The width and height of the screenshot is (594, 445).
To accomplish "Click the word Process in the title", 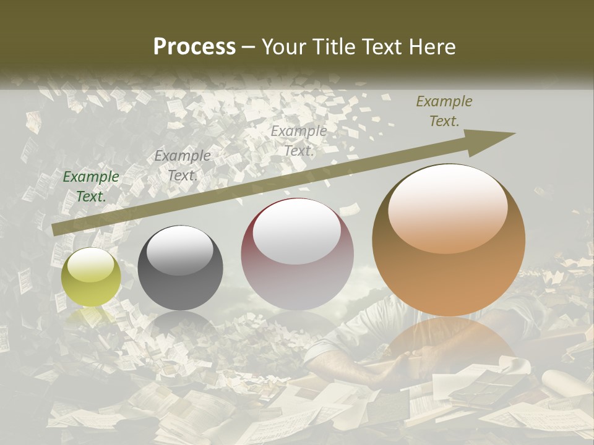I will click(194, 47).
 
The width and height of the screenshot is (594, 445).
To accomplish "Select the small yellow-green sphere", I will click(91, 277).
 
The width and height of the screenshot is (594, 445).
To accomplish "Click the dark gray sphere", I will click(180, 268).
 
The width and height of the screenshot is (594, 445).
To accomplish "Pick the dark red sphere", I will click(297, 253).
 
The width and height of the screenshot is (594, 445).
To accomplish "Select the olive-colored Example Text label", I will click(444, 111).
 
